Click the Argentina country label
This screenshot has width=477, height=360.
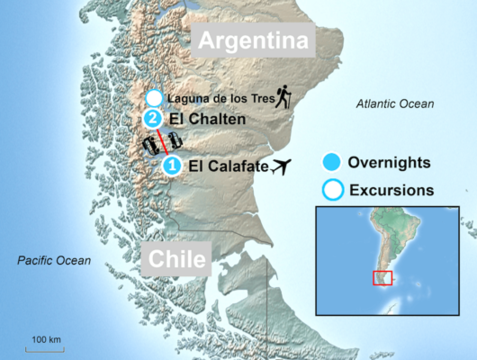(x=253, y=40)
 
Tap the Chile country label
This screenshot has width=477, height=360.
(x=175, y=261)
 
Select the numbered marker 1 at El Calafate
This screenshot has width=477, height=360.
(x=172, y=166)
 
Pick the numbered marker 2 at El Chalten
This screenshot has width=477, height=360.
(x=153, y=119)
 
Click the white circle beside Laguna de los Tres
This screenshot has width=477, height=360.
(x=154, y=97)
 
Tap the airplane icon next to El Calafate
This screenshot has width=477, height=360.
(x=282, y=166)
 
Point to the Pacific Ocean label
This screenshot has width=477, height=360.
(x=54, y=260)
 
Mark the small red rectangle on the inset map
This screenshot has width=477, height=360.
(x=382, y=278)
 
